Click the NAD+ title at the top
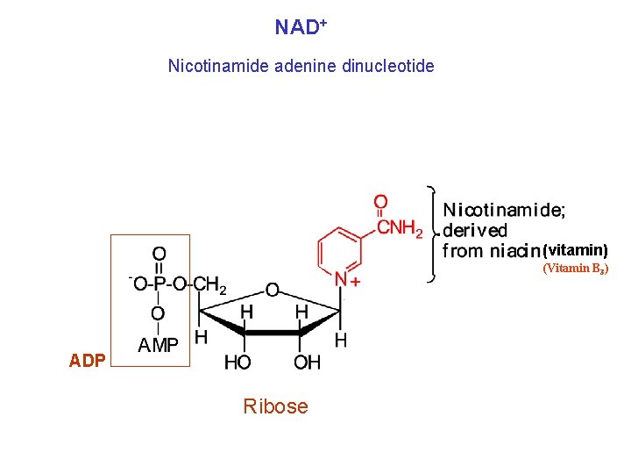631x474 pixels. (301, 27)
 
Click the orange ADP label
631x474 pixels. (87, 361)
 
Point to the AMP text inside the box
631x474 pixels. (158, 346)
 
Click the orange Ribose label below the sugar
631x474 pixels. (275, 406)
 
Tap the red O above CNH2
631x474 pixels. (380, 203)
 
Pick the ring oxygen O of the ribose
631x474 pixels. (273, 289)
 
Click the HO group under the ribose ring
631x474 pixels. (238, 362)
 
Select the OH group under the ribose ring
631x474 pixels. (307, 362)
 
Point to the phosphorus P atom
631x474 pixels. (159, 284)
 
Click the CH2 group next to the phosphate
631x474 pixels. (210, 284)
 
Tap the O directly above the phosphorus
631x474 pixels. (159, 254)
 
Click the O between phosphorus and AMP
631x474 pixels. (159, 313)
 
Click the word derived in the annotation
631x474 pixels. (475, 230)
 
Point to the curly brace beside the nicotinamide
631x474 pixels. (432, 233)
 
